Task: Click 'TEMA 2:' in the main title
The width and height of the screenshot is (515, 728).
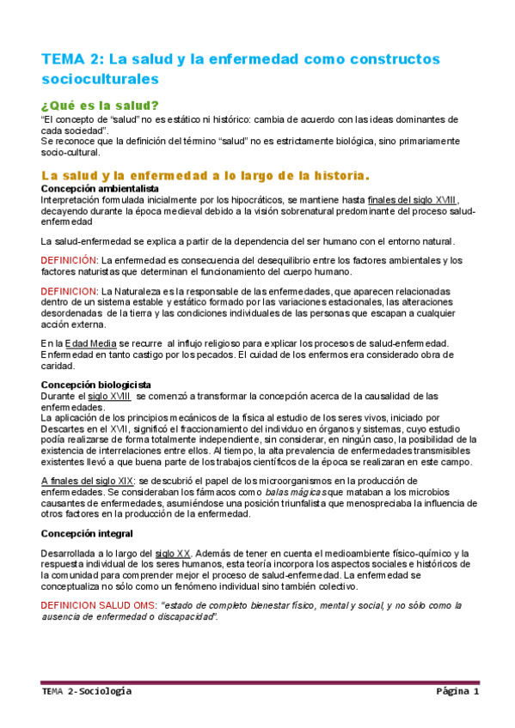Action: coord(71,59)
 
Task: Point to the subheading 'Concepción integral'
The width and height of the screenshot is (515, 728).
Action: coord(85,533)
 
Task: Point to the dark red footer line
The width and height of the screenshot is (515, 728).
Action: coord(257,682)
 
